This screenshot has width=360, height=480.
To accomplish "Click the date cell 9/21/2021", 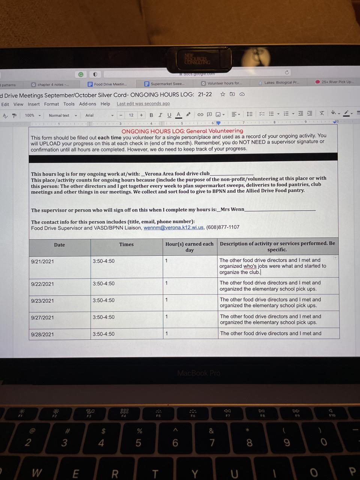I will pos(42,261).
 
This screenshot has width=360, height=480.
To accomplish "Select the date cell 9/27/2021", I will pos(42,318).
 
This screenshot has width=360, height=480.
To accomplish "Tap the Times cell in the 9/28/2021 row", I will pos(103,334).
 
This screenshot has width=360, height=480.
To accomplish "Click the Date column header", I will pos(59,245).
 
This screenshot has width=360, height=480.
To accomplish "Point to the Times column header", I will pos(126,244).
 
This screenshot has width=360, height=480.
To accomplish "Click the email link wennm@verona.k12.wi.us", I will pos(173,227).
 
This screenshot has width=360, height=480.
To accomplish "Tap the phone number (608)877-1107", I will pos(223,227).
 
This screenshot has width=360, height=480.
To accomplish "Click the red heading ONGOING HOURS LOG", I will pos(182,131).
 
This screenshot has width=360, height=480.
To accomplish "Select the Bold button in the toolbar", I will pos(151,115).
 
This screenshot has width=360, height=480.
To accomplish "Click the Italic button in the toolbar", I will pos(160,115).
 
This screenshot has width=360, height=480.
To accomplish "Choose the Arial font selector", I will pos(98,115).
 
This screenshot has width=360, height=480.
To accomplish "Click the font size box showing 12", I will pos(131,115).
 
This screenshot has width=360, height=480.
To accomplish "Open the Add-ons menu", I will pos(87,104).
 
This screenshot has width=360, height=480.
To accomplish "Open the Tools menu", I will pos(69,104).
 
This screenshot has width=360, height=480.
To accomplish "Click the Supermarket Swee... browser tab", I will pos(165,84).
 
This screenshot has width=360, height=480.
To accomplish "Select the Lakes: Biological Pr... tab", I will pos(279,82).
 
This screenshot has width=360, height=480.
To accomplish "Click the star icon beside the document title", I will pos(223,94).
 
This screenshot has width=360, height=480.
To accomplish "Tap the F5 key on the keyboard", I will pos(158,412).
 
